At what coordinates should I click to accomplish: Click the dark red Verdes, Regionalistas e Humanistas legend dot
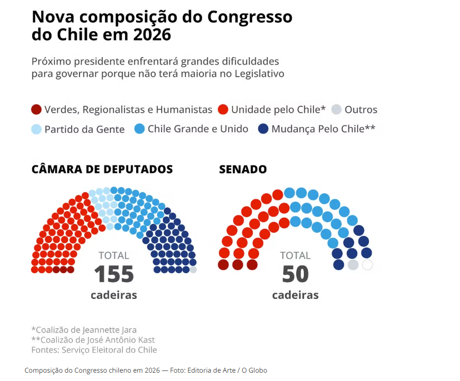[37, 109]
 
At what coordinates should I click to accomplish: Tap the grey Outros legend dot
[337, 109]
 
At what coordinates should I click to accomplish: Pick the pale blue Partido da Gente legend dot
[37, 129]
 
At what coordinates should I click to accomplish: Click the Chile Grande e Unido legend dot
[139, 129]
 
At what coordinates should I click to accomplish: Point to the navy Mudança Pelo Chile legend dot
[264, 129]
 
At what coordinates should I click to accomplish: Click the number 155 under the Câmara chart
[114, 274]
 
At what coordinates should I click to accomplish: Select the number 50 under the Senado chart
[295, 274]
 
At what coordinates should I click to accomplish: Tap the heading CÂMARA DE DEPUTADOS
[102, 169]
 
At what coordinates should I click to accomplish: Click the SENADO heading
[243, 169]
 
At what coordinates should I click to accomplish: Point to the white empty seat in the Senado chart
[367, 265]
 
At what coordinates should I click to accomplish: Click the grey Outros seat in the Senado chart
[353, 265]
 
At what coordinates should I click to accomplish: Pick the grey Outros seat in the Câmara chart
[193, 269]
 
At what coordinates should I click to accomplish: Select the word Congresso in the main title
[249, 16]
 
